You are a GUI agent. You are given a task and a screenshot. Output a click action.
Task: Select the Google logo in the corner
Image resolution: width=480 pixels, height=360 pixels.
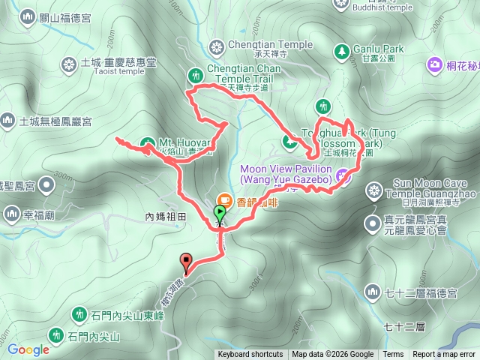tap(28, 349)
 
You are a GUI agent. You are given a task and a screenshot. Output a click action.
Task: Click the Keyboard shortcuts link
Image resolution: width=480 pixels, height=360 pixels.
tap(250, 355)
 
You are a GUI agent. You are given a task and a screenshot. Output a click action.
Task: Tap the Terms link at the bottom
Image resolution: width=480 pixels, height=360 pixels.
tap(393, 355)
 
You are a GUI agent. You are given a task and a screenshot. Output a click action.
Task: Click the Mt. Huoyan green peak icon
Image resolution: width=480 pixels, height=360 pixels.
tap(146, 142)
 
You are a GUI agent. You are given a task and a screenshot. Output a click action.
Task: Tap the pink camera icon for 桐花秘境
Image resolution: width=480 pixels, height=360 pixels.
tap(434, 65)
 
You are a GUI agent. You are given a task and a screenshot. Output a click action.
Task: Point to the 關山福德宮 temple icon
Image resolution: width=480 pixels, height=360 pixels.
tap(28, 16)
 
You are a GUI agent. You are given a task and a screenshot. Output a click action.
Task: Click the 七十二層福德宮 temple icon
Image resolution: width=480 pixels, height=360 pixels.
tap(373, 290)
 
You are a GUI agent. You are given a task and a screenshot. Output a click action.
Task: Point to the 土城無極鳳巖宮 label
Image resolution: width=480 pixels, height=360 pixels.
tap(55, 121)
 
